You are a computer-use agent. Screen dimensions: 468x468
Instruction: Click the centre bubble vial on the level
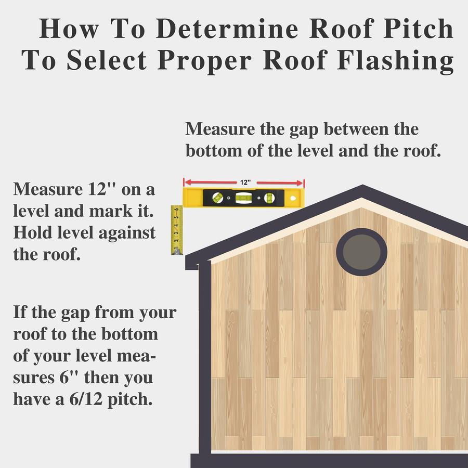coord(243,197)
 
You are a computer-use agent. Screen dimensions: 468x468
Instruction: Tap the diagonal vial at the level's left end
coord(217,197)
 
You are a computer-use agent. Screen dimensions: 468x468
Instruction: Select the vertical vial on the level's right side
coord(270,197)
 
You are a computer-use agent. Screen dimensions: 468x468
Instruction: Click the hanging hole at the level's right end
coord(292,198)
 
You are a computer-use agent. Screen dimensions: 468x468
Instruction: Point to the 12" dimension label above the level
coord(245,183)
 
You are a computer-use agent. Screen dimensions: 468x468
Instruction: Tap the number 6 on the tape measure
coord(177,209)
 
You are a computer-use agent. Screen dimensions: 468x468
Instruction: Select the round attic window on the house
coord(361,252)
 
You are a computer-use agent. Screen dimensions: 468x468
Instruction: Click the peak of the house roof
coord(362,185)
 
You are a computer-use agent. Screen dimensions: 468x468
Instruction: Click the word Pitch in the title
coord(418,29)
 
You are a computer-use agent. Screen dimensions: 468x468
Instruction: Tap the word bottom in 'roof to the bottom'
coord(129,334)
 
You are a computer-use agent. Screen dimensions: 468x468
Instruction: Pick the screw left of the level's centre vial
coord(229,198)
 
